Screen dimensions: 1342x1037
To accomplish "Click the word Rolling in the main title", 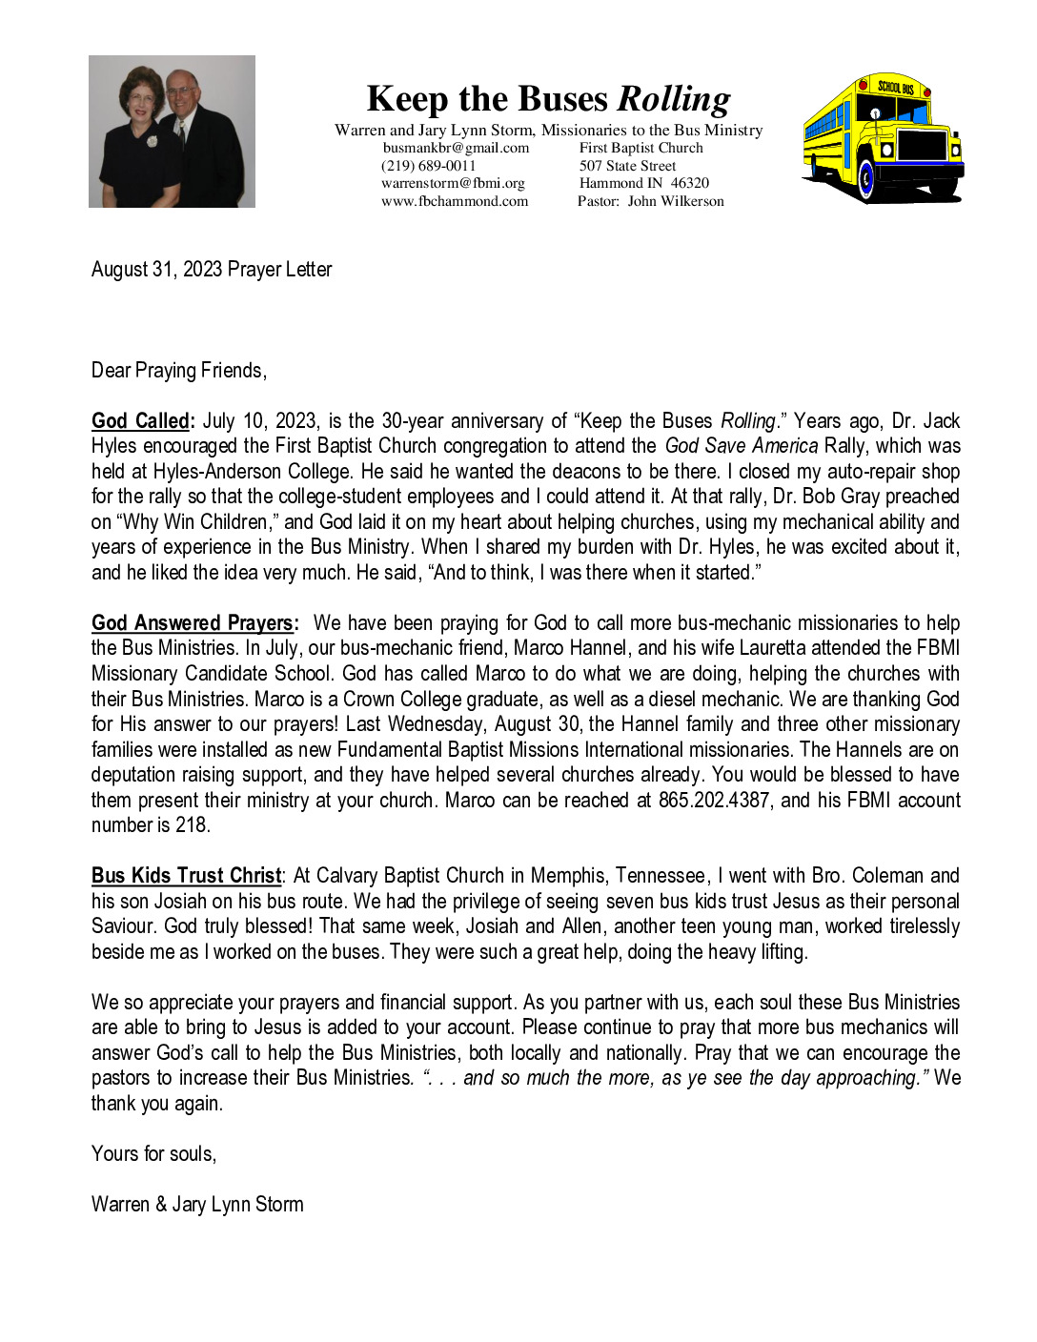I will tap(674, 99).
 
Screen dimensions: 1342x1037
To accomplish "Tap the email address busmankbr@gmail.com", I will tap(456, 148).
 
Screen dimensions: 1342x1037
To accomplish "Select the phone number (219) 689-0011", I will tap(428, 166).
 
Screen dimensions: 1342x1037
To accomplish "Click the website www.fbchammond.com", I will tap(455, 201).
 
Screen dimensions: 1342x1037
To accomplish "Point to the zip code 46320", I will tap(689, 183).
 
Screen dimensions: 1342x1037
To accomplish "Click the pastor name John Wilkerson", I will tap(676, 201).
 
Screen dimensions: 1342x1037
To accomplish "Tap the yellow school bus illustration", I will tap(883, 139).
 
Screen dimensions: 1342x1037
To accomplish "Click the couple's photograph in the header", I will tap(172, 132).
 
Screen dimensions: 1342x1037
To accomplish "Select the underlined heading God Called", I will tap(141, 421).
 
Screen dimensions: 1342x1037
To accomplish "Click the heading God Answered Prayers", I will tap(193, 623).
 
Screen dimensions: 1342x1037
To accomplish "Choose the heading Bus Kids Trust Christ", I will tap(187, 876).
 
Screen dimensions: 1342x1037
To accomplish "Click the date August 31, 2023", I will tap(157, 270).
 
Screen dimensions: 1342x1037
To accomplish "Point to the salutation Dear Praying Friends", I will tap(178, 371).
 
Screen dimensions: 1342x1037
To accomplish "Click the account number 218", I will tap(191, 825).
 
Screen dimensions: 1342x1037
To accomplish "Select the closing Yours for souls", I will tap(153, 1154).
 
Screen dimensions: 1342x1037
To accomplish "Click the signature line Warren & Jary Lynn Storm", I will tap(197, 1205).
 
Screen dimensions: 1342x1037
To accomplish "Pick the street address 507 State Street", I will tap(627, 166).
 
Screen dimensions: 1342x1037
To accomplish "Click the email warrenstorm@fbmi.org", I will tap(453, 183).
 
